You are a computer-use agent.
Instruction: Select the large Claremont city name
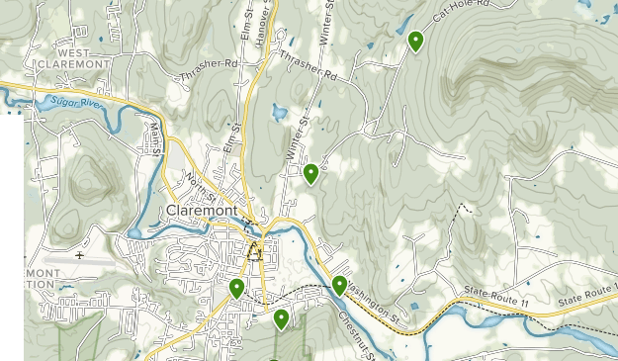pos(203,212)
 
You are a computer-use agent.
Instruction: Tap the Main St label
pos(156,135)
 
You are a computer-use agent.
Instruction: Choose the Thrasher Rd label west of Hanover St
pos(211,70)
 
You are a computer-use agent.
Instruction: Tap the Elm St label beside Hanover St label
pos(245,22)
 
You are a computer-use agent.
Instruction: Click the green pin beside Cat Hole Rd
pos(416,42)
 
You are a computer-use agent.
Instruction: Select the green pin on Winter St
pos(310,174)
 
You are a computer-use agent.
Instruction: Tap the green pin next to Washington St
pos(339,286)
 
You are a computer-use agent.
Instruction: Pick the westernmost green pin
pos(236,288)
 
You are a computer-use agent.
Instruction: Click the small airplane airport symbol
pos(79,255)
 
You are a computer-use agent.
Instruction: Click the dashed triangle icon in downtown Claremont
pos(254,251)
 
